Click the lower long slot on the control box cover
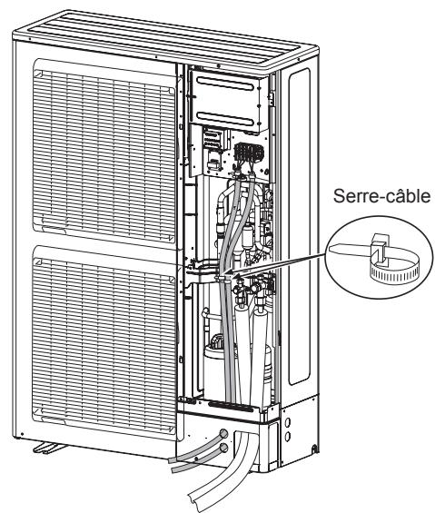tap(228, 115)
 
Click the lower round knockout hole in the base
tap(224, 448)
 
